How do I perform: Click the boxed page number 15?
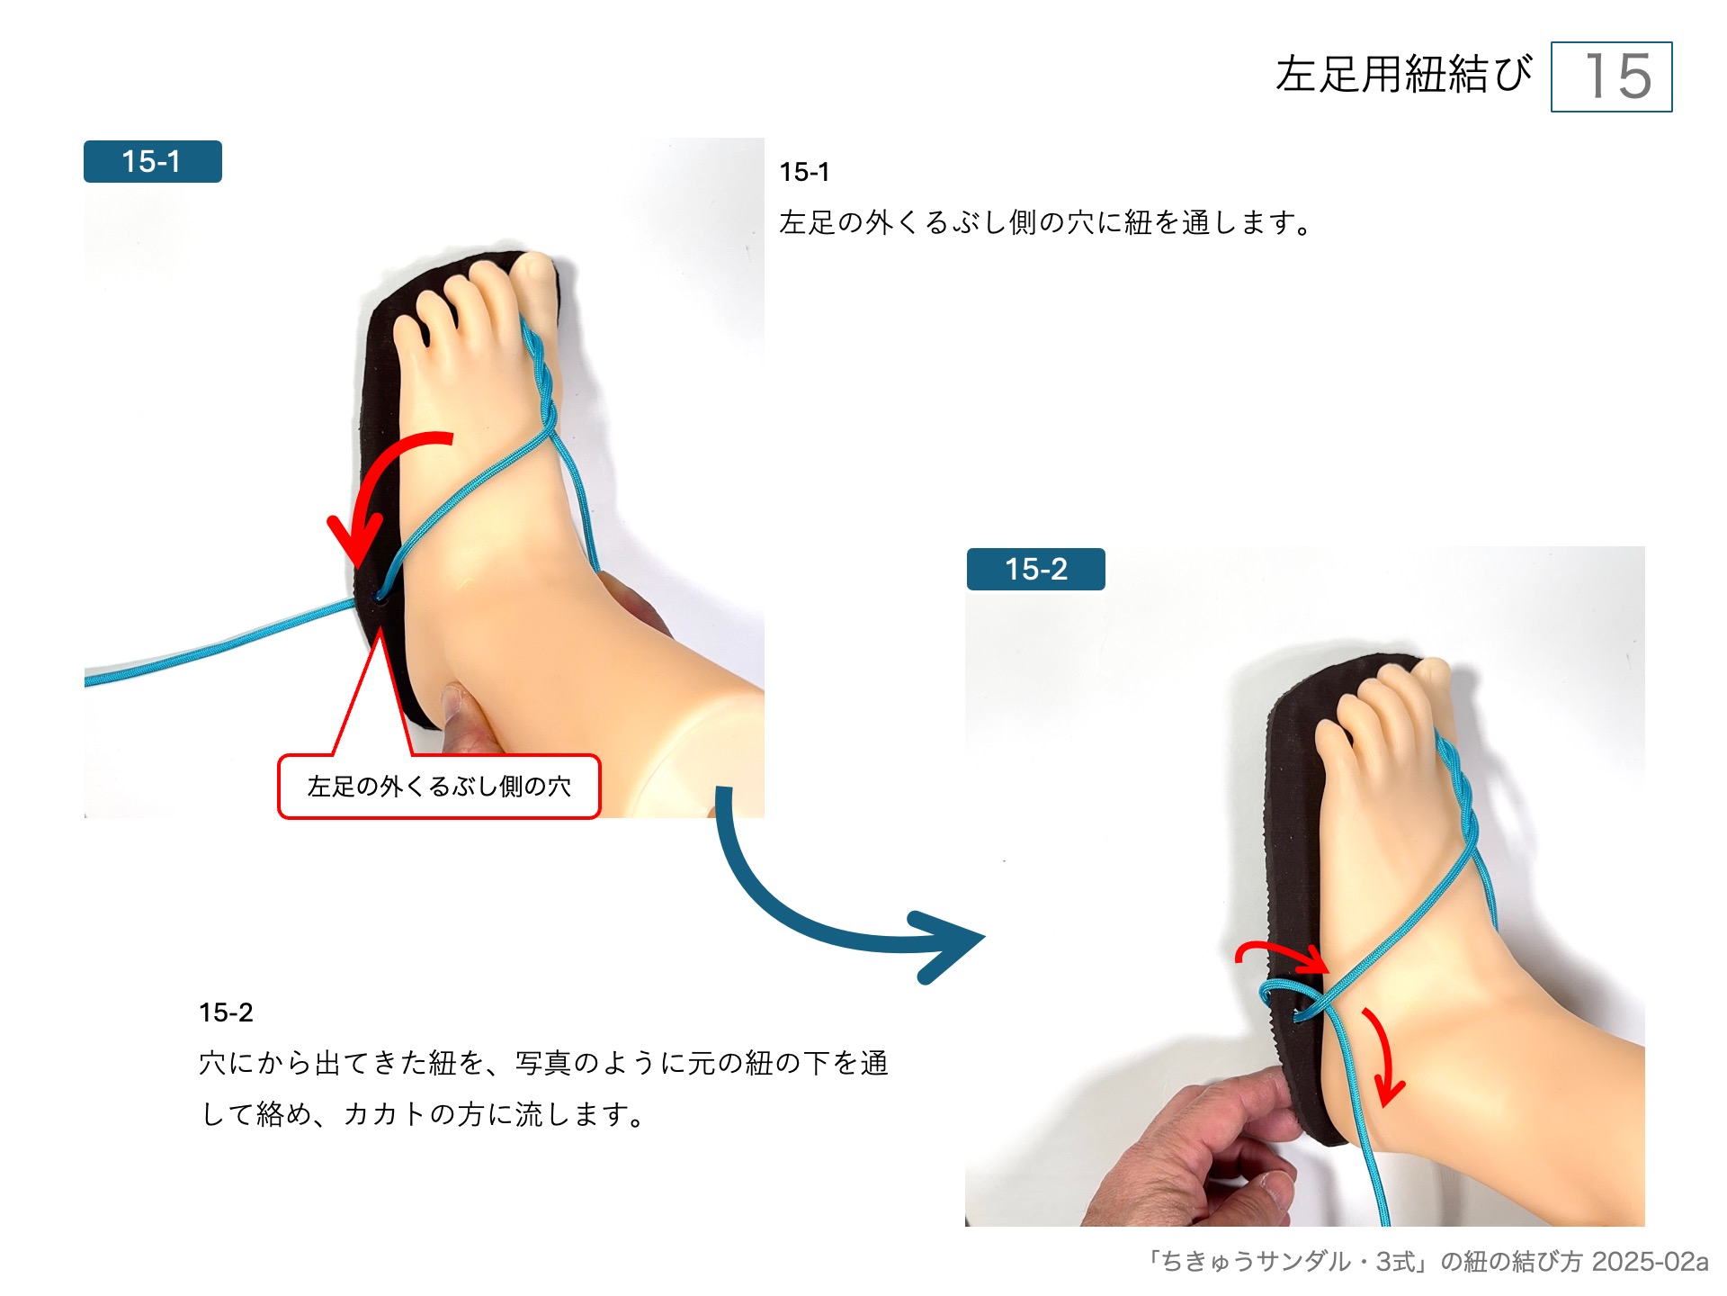click(x=1611, y=76)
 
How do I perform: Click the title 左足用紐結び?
click(x=1403, y=74)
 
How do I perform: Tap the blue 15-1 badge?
click(x=152, y=162)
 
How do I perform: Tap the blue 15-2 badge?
click(x=1035, y=569)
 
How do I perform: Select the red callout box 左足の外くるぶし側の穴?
click(x=439, y=787)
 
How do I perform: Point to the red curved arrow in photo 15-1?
click(x=378, y=486)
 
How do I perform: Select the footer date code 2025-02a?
click(x=1649, y=1262)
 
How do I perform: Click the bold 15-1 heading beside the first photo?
click(x=804, y=172)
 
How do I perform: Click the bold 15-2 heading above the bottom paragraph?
click(x=226, y=1012)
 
